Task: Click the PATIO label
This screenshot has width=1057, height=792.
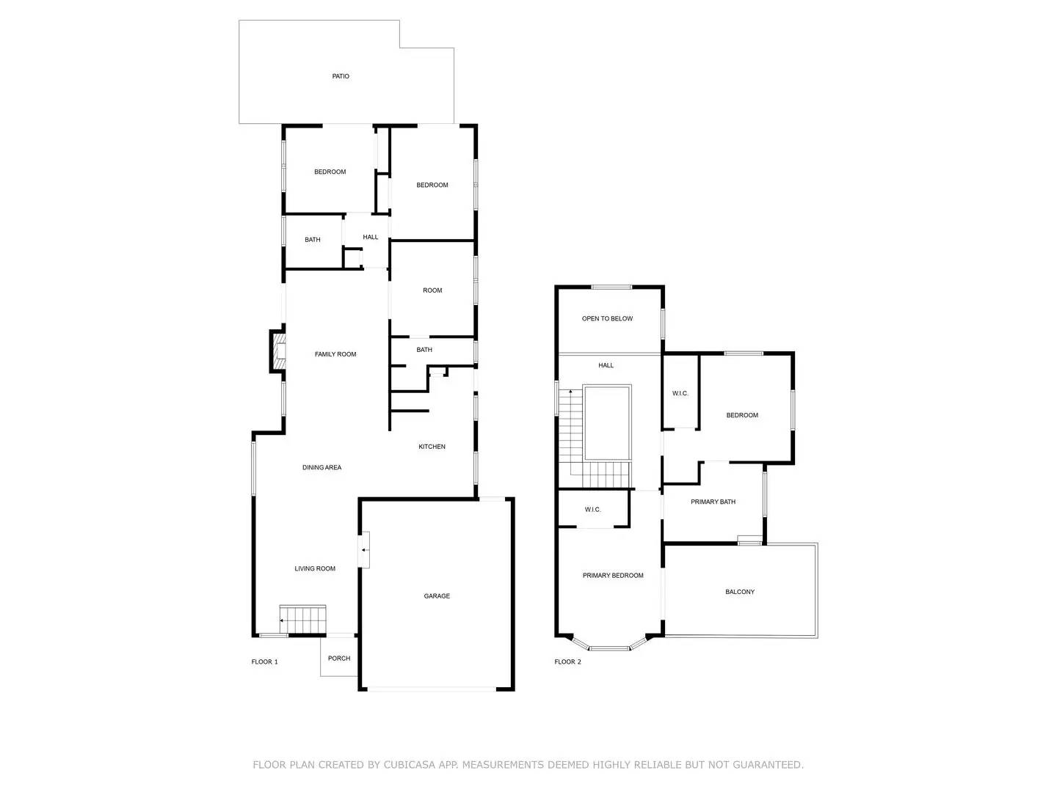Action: tap(341, 76)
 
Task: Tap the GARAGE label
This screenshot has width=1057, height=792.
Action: tap(437, 596)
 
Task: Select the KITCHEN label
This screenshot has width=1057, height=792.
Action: tap(432, 447)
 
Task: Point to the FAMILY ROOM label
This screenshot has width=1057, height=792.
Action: tap(335, 354)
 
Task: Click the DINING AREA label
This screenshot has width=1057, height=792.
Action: tap(322, 467)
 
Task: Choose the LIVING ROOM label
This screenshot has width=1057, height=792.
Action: tap(315, 568)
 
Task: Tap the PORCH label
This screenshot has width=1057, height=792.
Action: tap(339, 659)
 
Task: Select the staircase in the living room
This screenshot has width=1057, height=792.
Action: tap(303, 620)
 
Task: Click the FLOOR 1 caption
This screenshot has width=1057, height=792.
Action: tap(265, 661)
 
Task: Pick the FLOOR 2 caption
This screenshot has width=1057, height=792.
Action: tap(567, 661)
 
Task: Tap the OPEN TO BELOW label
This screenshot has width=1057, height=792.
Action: tap(607, 318)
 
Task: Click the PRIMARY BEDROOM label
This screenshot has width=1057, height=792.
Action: tap(613, 576)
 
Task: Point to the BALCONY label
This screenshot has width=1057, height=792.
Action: tap(740, 592)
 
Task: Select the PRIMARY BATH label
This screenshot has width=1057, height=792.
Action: tap(713, 502)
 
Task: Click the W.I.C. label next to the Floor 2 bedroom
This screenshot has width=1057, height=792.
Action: tap(680, 393)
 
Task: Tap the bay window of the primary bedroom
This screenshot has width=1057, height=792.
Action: tap(610, 648)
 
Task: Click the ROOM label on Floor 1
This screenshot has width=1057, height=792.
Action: tap(432, 290)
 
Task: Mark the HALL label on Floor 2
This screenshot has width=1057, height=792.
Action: tap(606, 365)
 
